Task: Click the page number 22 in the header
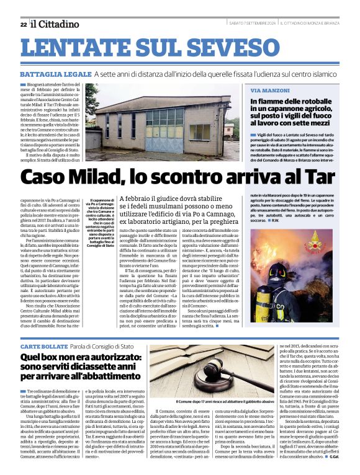pos(23,24)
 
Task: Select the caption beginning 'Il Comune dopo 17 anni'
pos(210,402)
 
